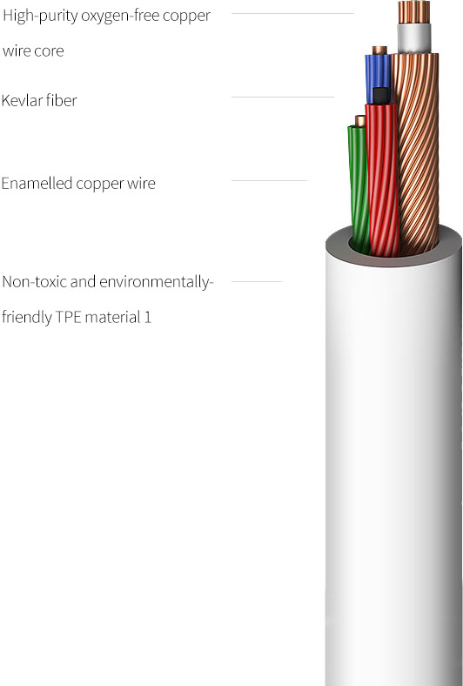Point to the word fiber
pyautogui.click(x=61, y=100)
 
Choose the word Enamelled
pyautogui.click(x=37, y=183)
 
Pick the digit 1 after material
pyautogui.click(x=148, y=317)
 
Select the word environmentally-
pyautogui.click(x=157, y=283)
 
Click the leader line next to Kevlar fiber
pyautogui.click(x=283, y=97)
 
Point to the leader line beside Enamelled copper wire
pyautogui.click(x=269, y=180)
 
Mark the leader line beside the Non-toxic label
pyautogui.click(x=257, y=281)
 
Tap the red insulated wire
pyautogui.click(x=383, y=179)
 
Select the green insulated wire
pyautogui.click(x=359, y=188)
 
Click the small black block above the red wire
pyautogui.click(x=381, y=96)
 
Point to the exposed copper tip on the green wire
pyautogui.click(x=359, y=121)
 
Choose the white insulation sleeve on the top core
pyautogui.click(x=414, y=38)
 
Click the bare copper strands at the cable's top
pyautogui.click(x=414, y=12)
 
